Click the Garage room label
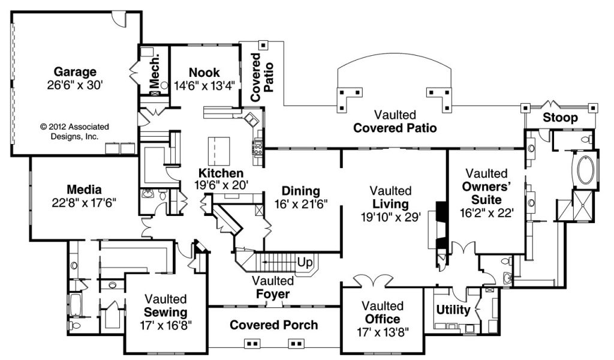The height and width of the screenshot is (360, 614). (75, 72)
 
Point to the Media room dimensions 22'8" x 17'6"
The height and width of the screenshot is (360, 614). (84, 203)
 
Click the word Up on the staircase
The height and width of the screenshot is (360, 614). (304, 262)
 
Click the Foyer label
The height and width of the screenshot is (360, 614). (273, 294)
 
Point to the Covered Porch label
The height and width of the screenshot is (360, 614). (274, 325)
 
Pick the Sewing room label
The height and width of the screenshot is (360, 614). (165, 312)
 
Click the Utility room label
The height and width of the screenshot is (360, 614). (453, 310)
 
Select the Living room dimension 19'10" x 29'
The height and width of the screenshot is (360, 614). (391, 216)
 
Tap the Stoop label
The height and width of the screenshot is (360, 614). (561, 118)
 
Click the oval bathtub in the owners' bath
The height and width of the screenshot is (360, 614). (584, 170)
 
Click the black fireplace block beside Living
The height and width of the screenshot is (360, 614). (441, 211)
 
